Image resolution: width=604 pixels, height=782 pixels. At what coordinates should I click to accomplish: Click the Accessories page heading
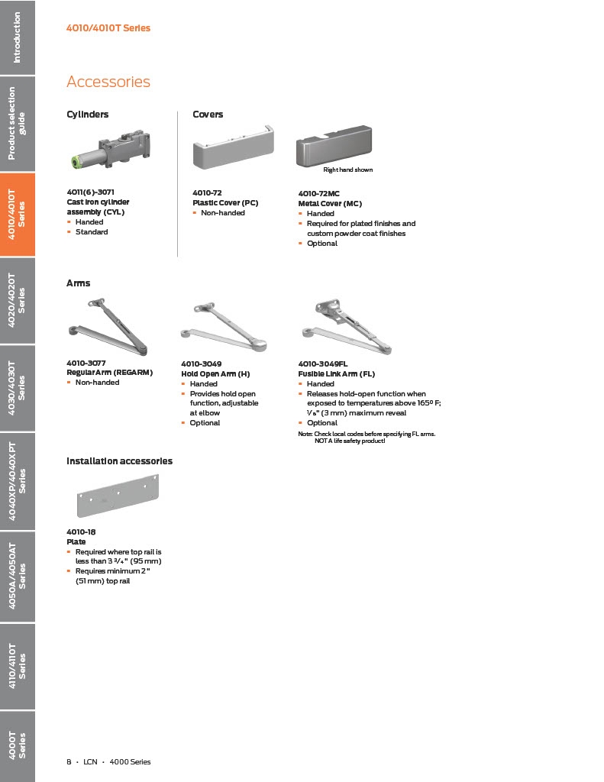coord(108,82)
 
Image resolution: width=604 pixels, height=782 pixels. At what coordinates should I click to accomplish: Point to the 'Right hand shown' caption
coord(347,170)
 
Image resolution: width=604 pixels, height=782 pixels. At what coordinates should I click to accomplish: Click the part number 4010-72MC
coord(318,194)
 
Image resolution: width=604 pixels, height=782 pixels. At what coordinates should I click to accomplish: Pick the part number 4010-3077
coord(86,363)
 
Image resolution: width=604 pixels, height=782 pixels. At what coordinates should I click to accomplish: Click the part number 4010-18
coord(81,532)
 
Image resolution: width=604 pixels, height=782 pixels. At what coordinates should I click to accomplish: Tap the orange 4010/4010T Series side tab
coord(18,215)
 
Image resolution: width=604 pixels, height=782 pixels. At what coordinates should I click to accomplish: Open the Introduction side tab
coord(18,37)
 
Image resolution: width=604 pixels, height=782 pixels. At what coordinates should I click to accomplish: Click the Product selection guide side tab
coord(18,124)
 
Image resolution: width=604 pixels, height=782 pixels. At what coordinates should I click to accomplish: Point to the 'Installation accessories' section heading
coord(119,461)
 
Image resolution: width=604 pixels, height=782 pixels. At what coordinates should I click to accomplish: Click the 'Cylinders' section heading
coord(87,115)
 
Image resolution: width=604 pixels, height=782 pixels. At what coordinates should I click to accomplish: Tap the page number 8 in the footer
coord(69,761)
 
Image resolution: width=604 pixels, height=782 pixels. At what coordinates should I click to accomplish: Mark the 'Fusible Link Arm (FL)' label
coord(336,373)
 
